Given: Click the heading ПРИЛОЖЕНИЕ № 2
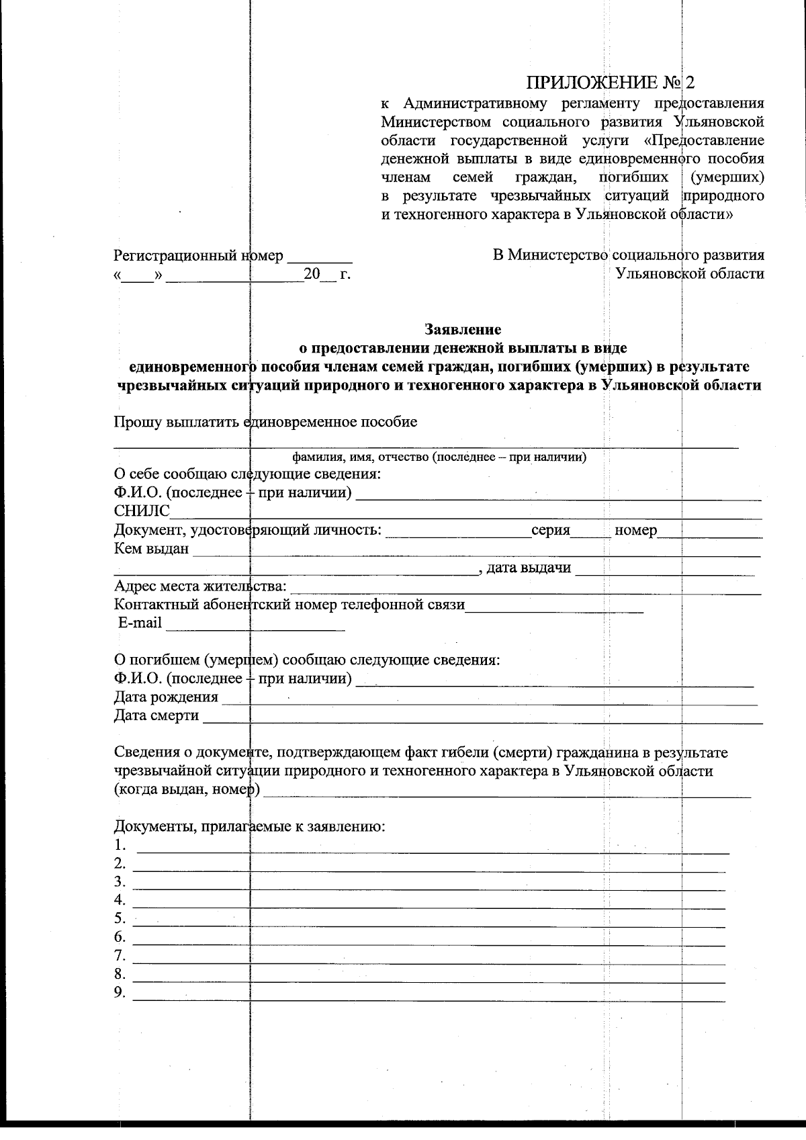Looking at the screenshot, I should click(x=610, y=83).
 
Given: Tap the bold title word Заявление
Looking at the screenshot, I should click(x=463, y=330).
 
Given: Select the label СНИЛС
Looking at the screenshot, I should click(x=142, y=512).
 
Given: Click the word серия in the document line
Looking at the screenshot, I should click(x=550, y=531).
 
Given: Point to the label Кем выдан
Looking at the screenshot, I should click(x=151, y=550).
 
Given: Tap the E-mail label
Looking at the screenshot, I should click(x=140, y=623).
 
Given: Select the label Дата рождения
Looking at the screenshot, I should click(x=166, y=697).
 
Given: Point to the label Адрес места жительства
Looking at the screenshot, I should click(x=200, y=587).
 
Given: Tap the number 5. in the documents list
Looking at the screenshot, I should click(x=120, y=918).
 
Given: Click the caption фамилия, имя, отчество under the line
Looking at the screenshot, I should click(x=439, y=458).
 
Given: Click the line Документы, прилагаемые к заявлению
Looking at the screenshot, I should click(x=249, y=826).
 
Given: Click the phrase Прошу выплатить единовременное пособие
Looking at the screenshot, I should click(x=265, y=423).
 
